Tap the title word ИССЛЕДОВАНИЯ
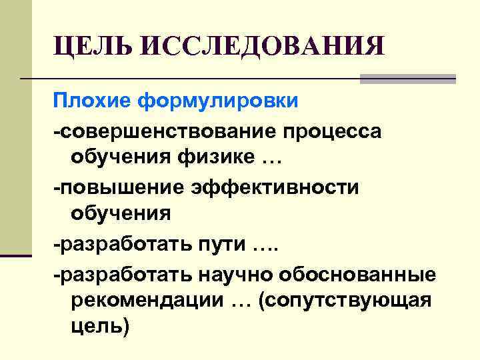pos(263,47)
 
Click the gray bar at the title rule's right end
pos(407,79)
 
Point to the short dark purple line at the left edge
pos(16,255)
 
